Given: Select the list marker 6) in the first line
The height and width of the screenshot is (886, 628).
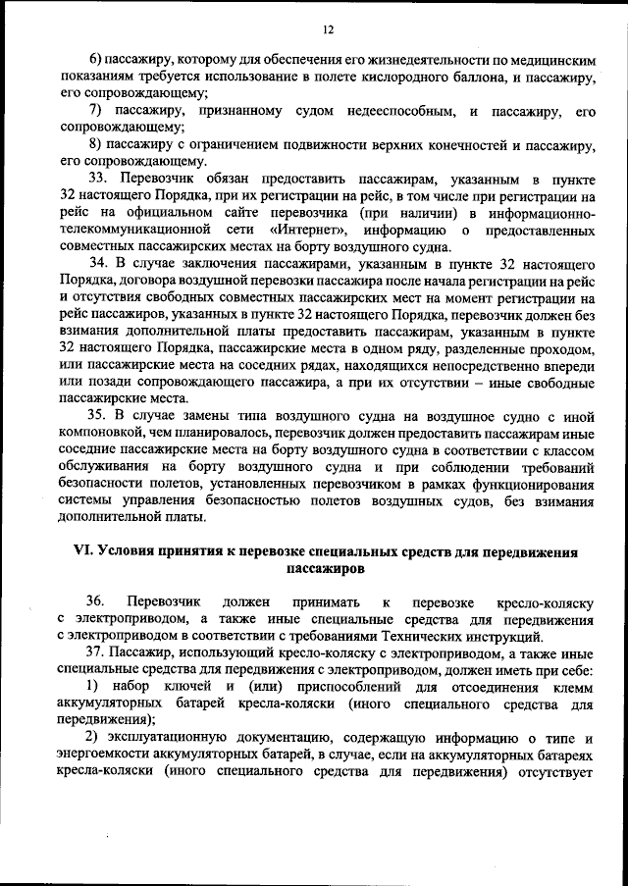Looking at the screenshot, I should pos(94,62).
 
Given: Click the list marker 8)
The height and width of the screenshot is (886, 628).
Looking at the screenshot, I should pos(94,145).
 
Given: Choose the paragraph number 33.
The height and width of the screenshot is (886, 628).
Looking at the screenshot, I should pos(98,180).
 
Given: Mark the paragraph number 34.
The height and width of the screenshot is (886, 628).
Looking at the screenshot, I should pos(98,264).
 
